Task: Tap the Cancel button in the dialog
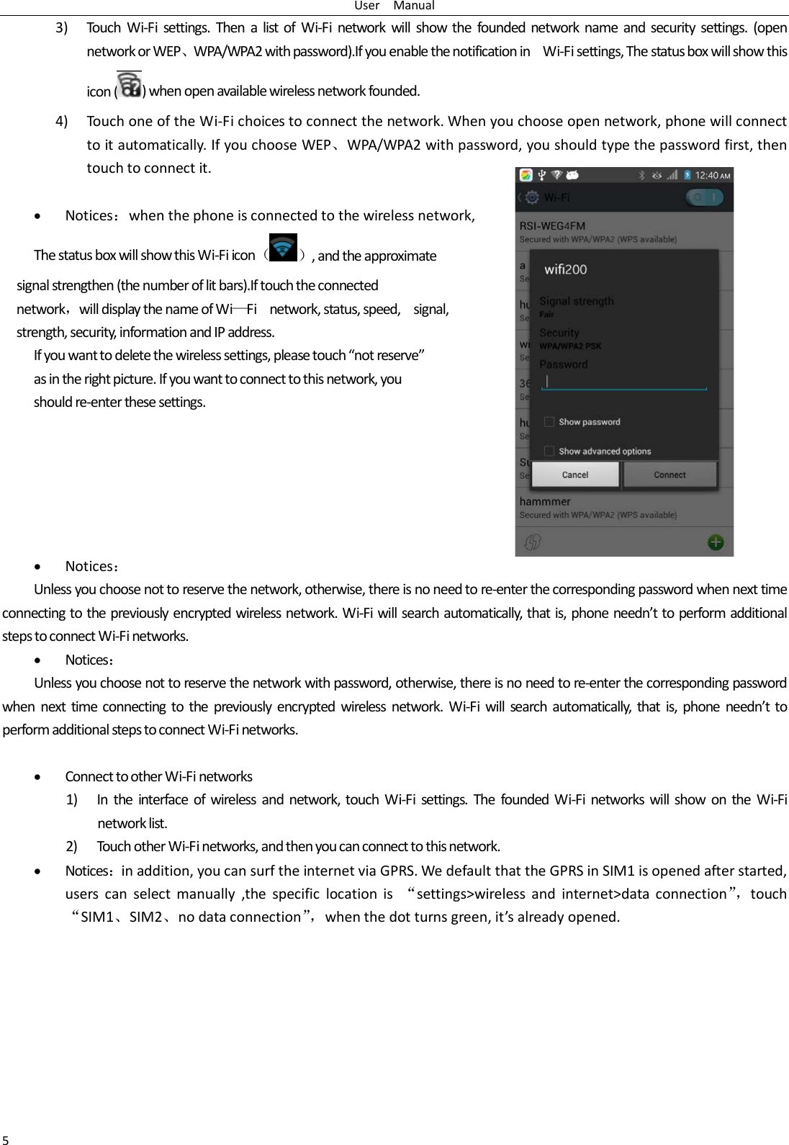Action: pyautogui.click(x=575, y=475)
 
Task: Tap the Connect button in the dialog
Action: pyautogui.click(x=670, y=475)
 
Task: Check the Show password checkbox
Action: pyautogui.click(x=549, y=422)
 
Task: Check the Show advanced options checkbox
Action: pyautogui.click(x=549, y=451)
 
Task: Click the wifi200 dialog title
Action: pyautogui.click(x=565, y=269)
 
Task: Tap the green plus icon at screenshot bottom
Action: pyautogui.click(x=716, y=542)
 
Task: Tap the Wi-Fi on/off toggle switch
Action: pyautogui.click(x=704, y=197)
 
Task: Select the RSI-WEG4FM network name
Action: pyautogui.click(x=552, y=226)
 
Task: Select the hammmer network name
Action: pyautogui.click(x=545, y=501)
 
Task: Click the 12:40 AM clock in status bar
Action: pyautogui.click(x=712, y=175)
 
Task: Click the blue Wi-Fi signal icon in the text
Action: pyautogui.click(x=283, y=247)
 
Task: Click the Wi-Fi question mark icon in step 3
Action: pyautogui.click(x=130, y=85)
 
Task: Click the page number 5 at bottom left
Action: pyautogui.click(x=6, y=1139)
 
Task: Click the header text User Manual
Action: pyautogui.click(x=394, y=6)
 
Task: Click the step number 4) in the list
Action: pyautogui.click(x=62, y=121)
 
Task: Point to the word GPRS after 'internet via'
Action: pyautogui.click(x=397, y=871)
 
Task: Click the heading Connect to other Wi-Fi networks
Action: pyautogui.click(x=158, y=776)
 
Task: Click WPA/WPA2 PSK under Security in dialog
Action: pyautogui.click(x=570, y=346)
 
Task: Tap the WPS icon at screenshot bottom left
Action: pyautogui.click(x=533, y=542)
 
